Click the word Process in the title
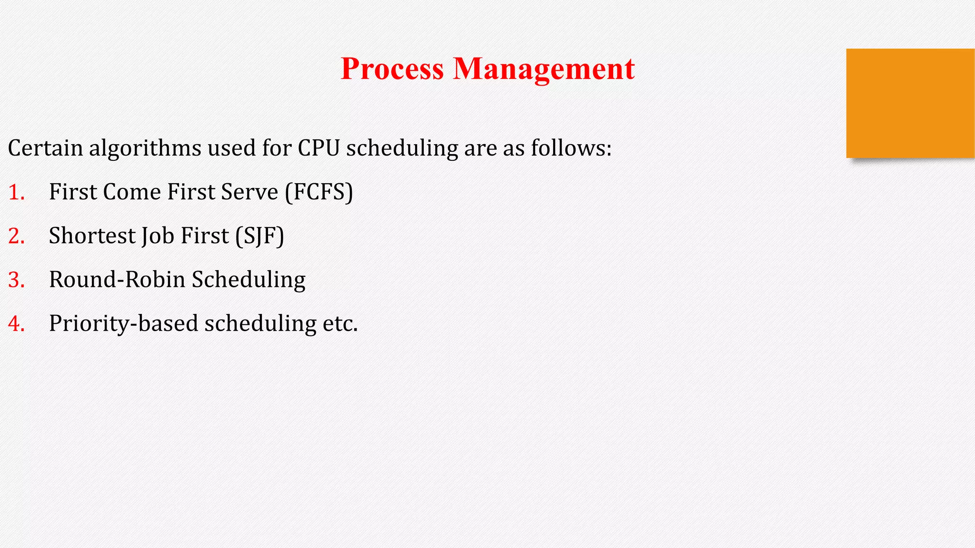pyautogui.click(x=392, y=69)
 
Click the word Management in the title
pyautogui.click(x=544, y=69)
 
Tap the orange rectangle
pyautogui.click(x=910, y=103)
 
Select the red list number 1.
pyautogui.click(x=16, y=192)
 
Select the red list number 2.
pyautogui.click(x=16, y=236)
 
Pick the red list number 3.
pyautogui.click(x=16, y=280)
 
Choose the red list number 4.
pyautogui.click(x=16, y=323)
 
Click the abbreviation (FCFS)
pyautogui.click(x=319, y=192)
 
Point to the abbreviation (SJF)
pyautogui.click(x=259, y=236)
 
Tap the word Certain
pyautogui.click(x=45, y=148)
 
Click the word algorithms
pyautogui.click(x=145, y=148)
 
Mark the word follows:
pyautogui.click(x=571, y=148)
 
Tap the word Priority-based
pyautogui.click(x=123, y=323)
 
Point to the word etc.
pyautogui.click(x=340, y=323)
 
